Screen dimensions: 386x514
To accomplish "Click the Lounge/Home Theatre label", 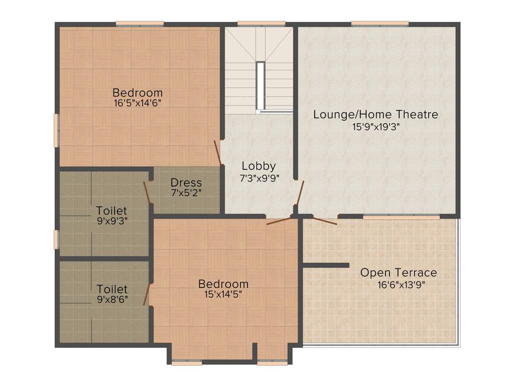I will (375, 115).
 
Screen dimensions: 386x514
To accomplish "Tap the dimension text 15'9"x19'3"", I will (375, 127).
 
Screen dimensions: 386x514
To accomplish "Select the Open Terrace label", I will (399, 273).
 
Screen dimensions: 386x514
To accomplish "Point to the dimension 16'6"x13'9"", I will (399, 283).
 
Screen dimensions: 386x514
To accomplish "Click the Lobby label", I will (259, 166).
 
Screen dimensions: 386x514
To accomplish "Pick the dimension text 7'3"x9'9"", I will (259, 177).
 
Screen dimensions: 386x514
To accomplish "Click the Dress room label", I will (186, 182).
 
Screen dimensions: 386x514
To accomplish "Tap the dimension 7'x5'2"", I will (186, 192).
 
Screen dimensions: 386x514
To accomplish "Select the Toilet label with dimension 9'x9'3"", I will (111, 211).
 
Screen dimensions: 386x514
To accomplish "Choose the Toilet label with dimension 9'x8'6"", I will (112, 289).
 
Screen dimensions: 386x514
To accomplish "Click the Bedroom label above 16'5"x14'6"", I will (138, 93).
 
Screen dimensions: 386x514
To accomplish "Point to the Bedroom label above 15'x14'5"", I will (223, 284).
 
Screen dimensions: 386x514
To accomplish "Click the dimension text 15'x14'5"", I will (223, 295).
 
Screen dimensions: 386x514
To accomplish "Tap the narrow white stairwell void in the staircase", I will (260, 85).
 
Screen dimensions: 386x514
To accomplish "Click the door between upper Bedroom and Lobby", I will (218, 153).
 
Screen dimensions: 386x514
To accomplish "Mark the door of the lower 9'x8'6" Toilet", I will (147, 295).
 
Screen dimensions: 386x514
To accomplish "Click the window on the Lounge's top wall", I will (380, 23).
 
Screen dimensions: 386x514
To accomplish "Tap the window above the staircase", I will (261, 23).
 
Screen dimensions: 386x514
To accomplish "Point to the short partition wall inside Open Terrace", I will (326, 265).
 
